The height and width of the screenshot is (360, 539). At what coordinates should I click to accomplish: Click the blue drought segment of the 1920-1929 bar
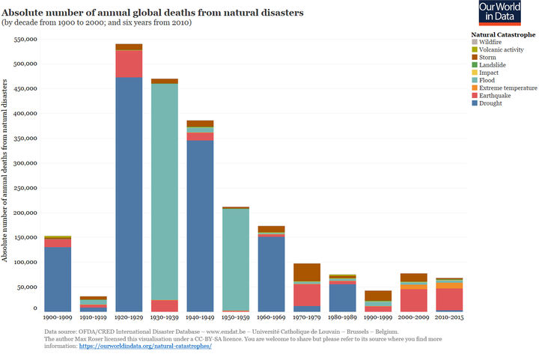point(129,195)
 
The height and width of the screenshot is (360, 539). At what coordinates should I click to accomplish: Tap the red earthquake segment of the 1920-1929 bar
point(129,64)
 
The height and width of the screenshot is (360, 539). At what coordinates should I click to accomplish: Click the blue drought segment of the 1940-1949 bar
point(200,225)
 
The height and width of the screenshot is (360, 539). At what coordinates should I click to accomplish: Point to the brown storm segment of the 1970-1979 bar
point(306,272)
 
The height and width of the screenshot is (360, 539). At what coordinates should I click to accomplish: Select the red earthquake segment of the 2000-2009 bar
point(412,300)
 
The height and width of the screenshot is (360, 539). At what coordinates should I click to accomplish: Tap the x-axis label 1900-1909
point(58,318)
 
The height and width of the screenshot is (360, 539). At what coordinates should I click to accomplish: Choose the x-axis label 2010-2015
point(448,318)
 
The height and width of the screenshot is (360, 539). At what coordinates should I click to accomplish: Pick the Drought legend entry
point(491,103)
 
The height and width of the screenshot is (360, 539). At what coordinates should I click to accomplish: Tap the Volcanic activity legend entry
point(501,49)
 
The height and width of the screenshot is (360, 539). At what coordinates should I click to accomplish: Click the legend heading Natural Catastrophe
point(502,34)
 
